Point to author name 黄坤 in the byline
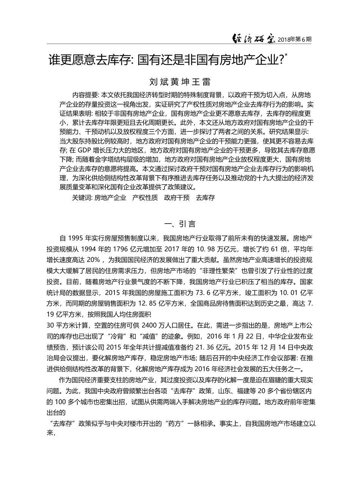pos(179,82)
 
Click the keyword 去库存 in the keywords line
pos(205,198)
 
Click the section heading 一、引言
pos(180,224)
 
